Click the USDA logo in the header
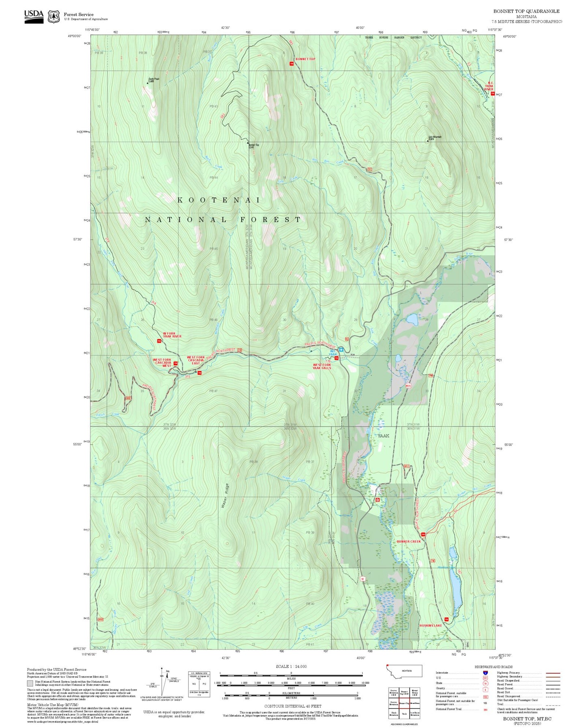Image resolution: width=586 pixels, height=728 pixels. (34, 16)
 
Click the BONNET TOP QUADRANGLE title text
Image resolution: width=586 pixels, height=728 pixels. (526, 11)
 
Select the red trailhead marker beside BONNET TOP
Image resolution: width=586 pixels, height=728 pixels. (291, 63)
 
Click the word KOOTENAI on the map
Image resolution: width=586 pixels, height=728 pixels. (219, 200)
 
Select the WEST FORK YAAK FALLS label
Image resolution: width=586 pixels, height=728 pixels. (322, 366)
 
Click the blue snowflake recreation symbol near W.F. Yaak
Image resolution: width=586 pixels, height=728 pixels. (341, 349)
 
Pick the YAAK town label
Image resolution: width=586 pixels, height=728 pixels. (383, 436)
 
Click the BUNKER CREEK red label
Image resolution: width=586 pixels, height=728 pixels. (409, 541)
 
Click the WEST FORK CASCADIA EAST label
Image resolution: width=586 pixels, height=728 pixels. (196, 360)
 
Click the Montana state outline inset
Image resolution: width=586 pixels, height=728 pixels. (404, 671)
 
